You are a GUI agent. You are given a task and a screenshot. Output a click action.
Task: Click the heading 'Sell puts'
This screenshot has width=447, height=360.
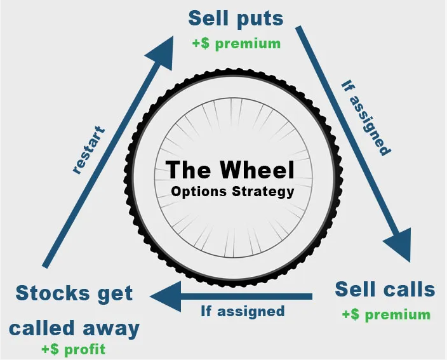point(236,18)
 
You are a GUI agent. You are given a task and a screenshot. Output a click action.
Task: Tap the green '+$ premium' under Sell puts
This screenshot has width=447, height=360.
point(236,44)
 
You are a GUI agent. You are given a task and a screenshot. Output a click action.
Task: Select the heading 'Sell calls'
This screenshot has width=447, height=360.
point(385,290)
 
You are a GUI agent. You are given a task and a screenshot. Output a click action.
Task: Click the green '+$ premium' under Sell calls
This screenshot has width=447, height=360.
point(385,314)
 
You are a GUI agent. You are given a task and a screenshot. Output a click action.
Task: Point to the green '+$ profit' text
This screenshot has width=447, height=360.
point(73,349)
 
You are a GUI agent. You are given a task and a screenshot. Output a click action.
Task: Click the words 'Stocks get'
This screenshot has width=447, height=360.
point(74,293)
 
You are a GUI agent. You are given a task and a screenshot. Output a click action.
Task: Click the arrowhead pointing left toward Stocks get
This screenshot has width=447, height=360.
point(165,297)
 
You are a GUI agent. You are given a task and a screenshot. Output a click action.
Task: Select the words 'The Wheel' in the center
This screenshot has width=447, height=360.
point(230,170)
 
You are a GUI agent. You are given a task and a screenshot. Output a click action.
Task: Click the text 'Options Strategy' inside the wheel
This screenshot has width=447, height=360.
point(232,191)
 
